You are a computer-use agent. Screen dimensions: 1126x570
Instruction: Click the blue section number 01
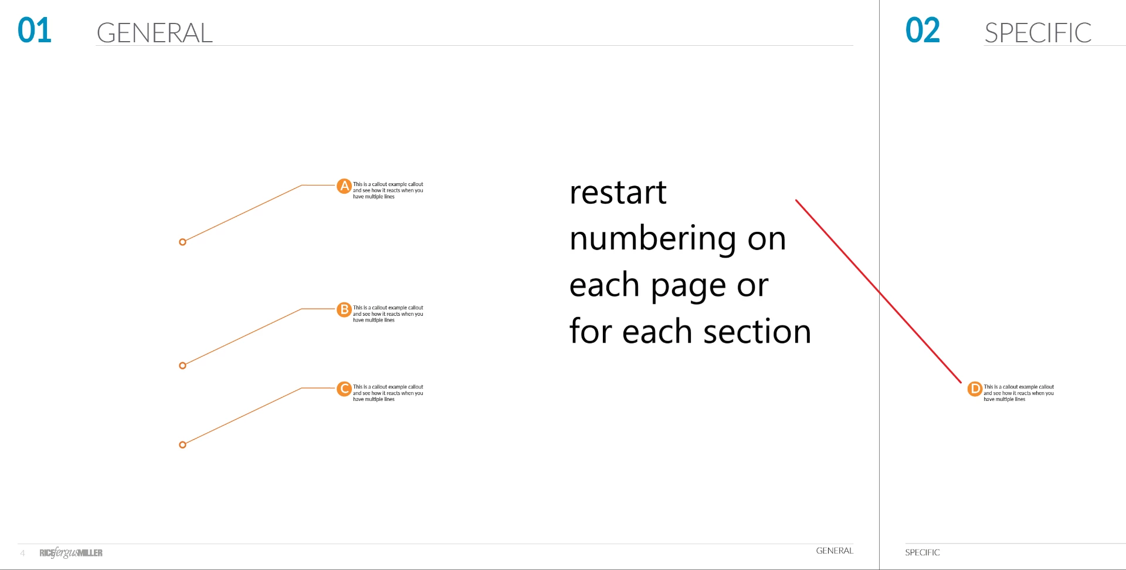35,31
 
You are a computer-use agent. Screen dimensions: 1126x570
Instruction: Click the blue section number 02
922,31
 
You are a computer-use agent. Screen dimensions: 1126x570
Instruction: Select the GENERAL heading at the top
155,33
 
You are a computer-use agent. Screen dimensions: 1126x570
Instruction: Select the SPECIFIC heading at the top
1038,33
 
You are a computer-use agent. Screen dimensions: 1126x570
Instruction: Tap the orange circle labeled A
344,186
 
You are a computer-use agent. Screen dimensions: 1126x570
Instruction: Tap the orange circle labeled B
344,309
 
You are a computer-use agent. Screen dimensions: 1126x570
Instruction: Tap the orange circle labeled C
344,389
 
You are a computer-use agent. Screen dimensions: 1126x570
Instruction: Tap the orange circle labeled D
975,389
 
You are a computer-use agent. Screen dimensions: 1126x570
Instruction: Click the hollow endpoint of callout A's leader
182,242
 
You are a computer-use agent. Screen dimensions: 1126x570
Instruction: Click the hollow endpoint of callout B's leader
182,366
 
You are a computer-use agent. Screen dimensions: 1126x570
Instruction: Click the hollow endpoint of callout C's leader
182,445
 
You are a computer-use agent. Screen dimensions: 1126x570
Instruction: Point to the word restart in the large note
618,193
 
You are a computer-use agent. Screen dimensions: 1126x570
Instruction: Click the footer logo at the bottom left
71,552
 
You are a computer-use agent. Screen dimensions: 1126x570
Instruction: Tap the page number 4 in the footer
22,553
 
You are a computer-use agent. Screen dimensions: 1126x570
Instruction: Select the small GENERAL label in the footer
835,551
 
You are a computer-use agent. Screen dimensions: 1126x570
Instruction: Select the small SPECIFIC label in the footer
922,552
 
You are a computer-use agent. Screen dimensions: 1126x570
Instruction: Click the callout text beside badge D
1019,393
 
